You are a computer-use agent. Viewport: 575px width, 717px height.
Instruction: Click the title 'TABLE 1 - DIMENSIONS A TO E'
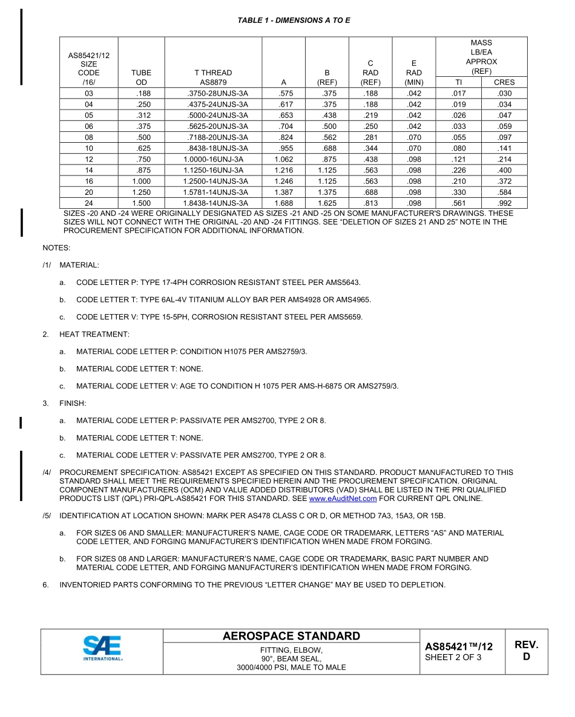coord(294,21)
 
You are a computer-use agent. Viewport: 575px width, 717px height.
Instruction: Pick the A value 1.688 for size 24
coord(283,203)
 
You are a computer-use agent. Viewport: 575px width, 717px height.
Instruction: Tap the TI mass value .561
coord(458,203)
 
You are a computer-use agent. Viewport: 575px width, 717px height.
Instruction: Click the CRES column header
coord(504,82)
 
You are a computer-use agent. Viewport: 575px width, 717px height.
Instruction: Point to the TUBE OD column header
coord(141,77)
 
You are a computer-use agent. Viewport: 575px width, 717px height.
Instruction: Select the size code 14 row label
coord(89,171)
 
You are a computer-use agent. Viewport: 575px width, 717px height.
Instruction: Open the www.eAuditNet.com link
coord(343,499)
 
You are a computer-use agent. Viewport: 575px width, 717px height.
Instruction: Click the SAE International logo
coord(102,651)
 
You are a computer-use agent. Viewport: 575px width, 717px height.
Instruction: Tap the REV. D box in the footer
coord(526,651)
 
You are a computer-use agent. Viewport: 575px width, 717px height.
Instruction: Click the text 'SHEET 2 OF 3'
coord(453,658)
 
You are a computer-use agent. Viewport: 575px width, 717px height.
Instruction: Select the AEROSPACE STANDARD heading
coord(291,636)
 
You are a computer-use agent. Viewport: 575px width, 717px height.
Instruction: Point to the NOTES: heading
coord(56,248)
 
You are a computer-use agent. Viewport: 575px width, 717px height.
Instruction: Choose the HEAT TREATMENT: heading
coord(94,335)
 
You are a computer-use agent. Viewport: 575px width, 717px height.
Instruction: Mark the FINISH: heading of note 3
coord(73,404)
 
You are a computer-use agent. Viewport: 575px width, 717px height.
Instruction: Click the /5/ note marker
coord(47,516)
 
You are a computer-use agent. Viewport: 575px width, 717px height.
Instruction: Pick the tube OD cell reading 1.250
coord(141,192)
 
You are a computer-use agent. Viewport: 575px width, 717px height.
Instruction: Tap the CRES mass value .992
coord(504,203)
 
